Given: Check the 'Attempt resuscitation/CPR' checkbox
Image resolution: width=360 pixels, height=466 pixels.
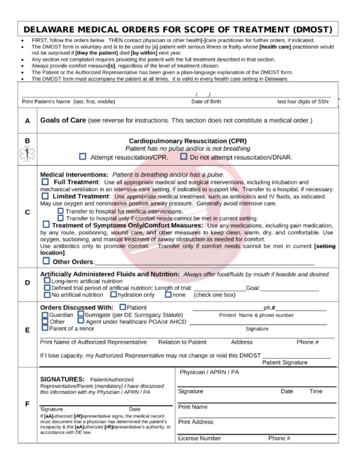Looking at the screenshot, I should (82, 157).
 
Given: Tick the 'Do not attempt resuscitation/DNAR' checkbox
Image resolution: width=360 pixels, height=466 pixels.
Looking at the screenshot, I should (184, 157).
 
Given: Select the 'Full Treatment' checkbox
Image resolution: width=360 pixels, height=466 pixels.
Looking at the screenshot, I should (45, 181).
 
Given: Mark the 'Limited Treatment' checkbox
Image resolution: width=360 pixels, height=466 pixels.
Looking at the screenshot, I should (45, 196).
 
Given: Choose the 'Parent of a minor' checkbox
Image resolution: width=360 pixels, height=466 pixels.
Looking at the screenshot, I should (45, 329).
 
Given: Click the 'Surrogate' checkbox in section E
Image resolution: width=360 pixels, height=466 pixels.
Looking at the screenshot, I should (81, 314).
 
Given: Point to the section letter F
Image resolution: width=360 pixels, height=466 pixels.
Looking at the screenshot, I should (27, 404).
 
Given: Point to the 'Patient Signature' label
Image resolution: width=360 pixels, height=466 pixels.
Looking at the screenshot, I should (285, 362).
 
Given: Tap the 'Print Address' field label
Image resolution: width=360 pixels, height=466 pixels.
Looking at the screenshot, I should (196, 421).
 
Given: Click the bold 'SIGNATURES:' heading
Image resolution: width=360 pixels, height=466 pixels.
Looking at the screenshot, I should (63, 379).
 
